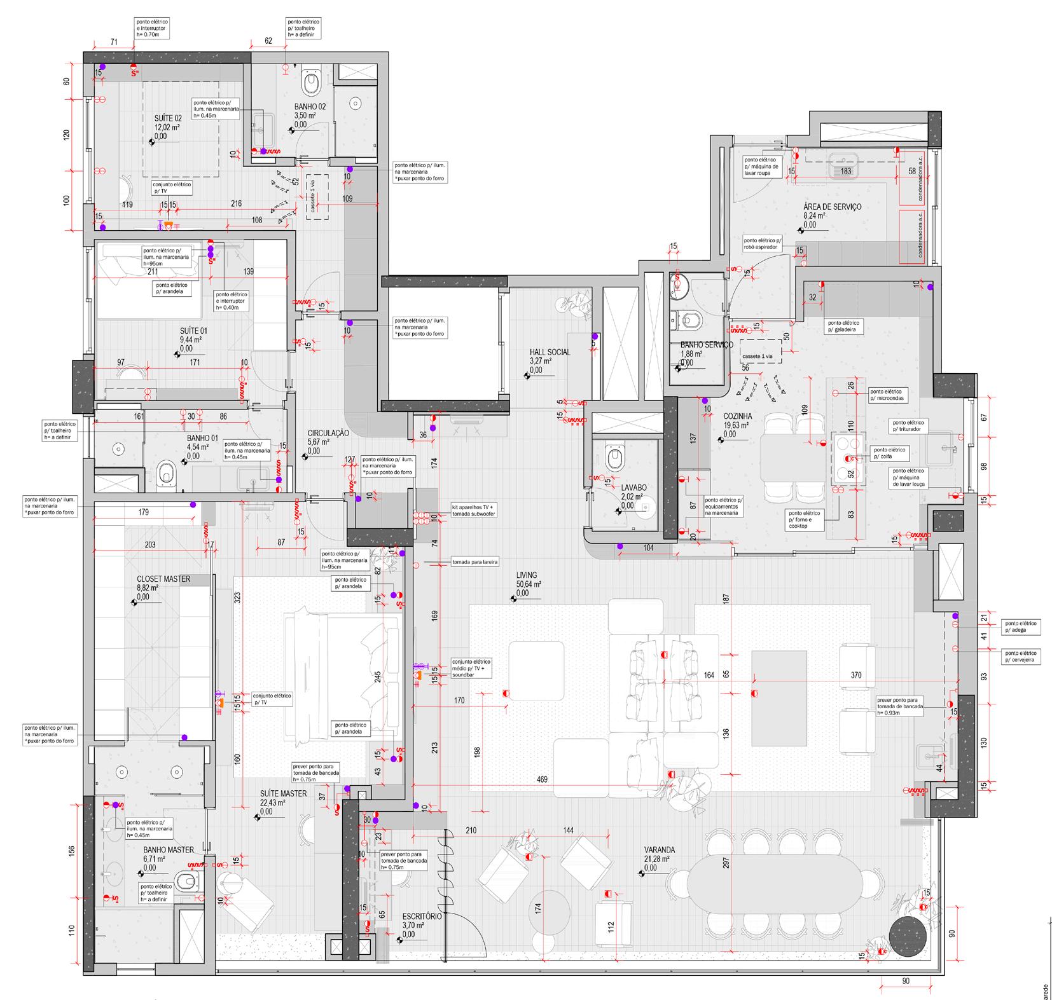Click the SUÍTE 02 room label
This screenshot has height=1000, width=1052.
(x=168, y=118)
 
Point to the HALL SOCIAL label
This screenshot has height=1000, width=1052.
(x=550, y=352)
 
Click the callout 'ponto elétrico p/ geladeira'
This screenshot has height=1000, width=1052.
(x=847, y=327)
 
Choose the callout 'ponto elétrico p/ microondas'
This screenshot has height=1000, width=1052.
(x=887, y=395)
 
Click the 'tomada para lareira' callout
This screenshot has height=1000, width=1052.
(x=474, y=563)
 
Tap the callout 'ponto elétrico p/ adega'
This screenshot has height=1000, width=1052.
(x=1021, y=627)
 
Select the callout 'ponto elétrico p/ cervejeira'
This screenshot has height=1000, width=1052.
(x=1021, y=657)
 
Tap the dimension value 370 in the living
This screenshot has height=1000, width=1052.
(x=855, y=675)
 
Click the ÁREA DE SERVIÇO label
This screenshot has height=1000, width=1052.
(x=832, y=207)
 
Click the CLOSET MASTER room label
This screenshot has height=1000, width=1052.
(x=163, y=579)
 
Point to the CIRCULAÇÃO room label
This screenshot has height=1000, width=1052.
(x=328, y=432)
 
